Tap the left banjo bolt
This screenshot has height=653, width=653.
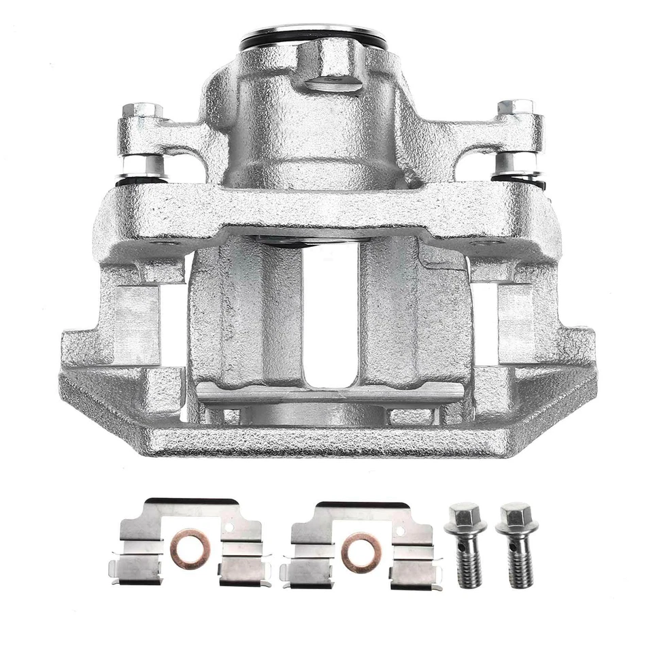465,544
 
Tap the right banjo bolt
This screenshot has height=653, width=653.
516,544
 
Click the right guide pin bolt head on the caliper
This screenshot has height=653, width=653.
515,107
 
